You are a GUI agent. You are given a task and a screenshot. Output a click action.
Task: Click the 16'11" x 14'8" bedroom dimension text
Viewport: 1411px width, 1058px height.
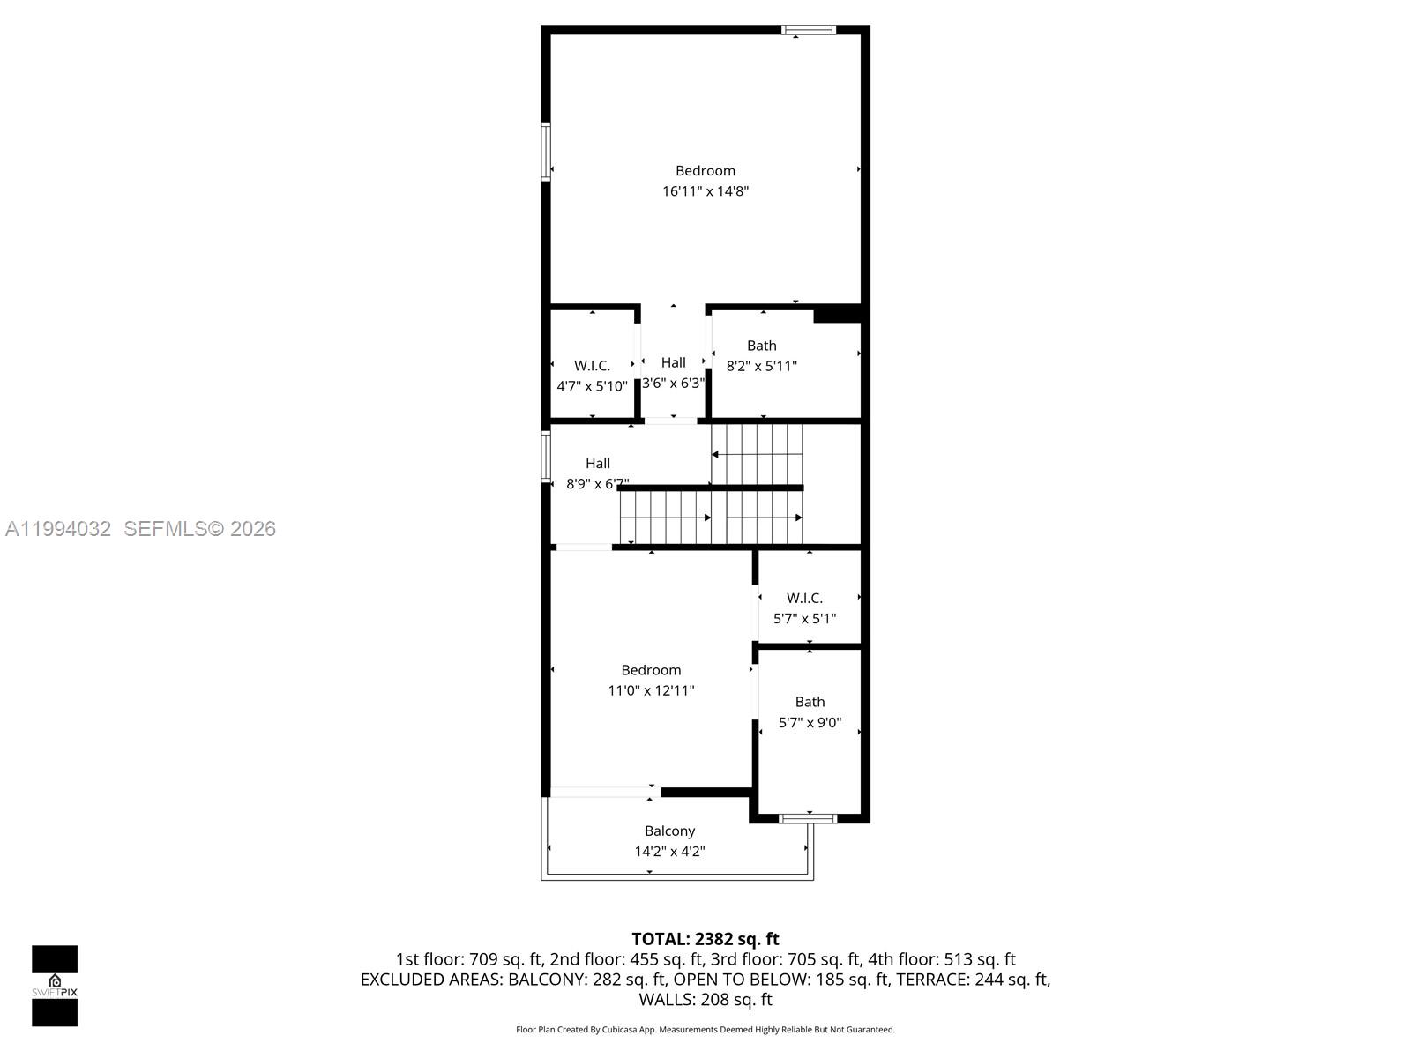(705, 191)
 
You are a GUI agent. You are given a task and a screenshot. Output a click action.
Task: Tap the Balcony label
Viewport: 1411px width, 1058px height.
(669, 831)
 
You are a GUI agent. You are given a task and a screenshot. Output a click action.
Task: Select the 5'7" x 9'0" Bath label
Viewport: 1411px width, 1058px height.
(810, 702)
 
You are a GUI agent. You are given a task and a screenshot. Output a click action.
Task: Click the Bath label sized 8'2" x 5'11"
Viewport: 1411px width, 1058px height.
(762, 346)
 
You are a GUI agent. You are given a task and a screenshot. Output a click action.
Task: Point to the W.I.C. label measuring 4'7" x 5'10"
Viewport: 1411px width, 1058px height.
(592, 366)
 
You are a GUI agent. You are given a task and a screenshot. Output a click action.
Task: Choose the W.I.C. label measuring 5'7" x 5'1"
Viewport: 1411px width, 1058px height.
(804, 598)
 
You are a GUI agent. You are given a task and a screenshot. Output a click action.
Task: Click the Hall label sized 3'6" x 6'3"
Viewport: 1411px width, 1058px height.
(673, 362)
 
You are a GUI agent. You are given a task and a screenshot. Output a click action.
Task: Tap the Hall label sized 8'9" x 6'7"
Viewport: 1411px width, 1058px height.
(598, 463)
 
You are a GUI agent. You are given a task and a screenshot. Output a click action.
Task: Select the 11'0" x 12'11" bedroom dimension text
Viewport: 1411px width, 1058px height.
(651, 690)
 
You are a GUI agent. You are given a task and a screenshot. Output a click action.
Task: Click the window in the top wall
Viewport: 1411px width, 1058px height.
(808, 30)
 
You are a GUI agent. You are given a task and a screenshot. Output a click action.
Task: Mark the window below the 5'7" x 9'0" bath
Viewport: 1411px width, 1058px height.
(808, 818)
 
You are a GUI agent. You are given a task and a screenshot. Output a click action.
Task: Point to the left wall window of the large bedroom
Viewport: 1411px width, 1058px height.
(546, 152)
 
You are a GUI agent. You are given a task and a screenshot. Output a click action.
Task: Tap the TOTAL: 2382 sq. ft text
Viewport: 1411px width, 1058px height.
(705, 939)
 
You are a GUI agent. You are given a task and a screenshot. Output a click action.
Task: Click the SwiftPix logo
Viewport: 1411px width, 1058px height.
(55, 985)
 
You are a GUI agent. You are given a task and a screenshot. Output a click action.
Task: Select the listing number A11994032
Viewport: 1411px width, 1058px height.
(58, 529)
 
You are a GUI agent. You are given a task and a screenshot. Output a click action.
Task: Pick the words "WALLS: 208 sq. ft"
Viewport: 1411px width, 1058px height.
(705, 1000)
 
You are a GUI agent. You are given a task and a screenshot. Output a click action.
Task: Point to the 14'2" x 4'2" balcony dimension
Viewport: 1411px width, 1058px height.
(669, 852)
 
